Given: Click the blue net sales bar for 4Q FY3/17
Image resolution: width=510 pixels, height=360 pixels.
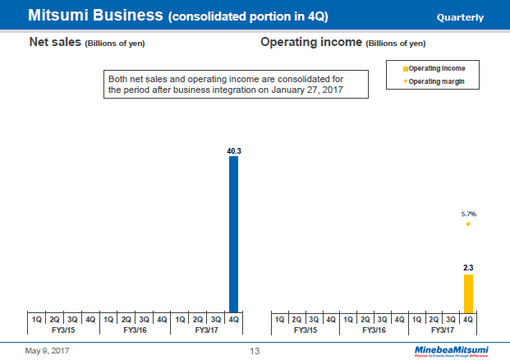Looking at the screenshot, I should click(x=233, y=233).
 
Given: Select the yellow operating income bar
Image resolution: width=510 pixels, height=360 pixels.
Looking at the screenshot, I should click(x=468, y=293).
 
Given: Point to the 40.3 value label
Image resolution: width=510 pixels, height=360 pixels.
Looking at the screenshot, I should click(x=233, y=151).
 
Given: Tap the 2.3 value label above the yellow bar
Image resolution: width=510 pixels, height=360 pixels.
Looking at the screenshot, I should click(x=468, y=268).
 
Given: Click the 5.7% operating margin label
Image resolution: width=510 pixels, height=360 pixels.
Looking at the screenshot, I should click(x=468, y=213).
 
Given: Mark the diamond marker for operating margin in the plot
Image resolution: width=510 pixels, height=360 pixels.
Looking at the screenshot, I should click(x=468, y=224).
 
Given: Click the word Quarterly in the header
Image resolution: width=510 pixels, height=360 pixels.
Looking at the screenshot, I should click(x=460, y=17).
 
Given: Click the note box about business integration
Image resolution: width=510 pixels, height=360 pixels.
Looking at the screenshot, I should click(x=237, y=84).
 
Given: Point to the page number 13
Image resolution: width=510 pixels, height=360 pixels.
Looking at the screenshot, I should click(x=255, y=351).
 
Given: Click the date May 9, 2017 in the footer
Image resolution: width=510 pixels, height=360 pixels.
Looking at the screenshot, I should click(x=48, y=351).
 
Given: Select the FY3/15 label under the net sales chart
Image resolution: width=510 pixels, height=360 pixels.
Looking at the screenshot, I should click(x=63, y=330).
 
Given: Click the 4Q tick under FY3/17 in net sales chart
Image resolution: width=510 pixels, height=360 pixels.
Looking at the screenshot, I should click(x=233, y=318).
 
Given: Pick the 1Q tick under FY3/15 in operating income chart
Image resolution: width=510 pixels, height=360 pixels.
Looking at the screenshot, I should click(x=279, y=318).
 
